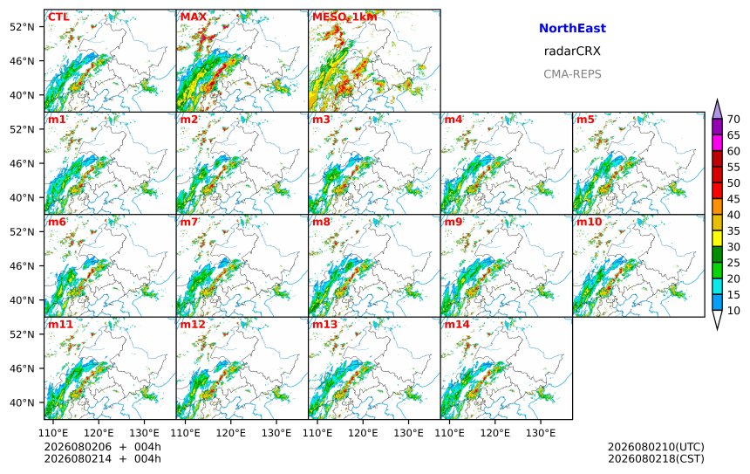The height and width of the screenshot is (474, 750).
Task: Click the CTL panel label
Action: coord(58,17)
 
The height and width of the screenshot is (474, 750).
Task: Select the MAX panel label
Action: coord(194,17)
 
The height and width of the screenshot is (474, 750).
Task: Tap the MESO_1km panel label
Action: coord(344,17)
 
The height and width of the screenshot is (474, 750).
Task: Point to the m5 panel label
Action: coord(585,120)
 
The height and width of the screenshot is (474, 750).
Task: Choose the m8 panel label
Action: coord(322,222)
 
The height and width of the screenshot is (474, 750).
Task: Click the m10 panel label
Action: coord(589,222)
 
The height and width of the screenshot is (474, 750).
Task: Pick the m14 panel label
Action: coord(457,324)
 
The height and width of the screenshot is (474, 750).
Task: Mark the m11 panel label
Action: coord(60,324)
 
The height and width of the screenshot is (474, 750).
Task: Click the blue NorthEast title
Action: coord(572,28)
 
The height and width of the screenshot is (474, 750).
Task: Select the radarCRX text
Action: coord(572,52)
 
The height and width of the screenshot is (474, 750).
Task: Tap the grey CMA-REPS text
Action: coord(572,74)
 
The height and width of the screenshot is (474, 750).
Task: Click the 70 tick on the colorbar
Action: coord(733,120)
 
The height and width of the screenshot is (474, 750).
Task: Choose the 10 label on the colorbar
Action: coord(733,311)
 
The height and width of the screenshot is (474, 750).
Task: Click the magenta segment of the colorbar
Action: coord(717,143)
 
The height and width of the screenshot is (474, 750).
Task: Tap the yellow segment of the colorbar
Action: coord(717,239)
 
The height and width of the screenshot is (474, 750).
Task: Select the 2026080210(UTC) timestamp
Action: coord(656,447)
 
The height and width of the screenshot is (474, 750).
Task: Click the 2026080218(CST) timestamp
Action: coord(656,458)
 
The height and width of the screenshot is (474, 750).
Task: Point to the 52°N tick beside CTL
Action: coord(22,27)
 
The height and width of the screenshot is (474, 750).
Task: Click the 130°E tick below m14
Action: coord(541,433)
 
